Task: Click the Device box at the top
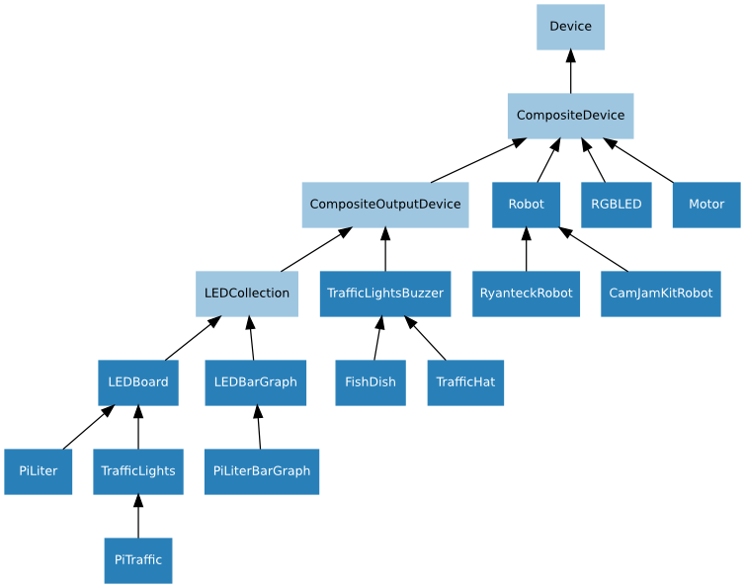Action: click(x=570, y=27)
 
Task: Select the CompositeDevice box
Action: click(x=570, y=116)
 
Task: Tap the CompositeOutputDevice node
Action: click(x=384, y=205)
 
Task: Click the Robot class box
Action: click(x=526, y=205)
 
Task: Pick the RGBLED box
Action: click(x=616, y=205)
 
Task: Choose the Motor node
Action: click(x=705, y=205)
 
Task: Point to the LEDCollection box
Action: click(x=246, y=294)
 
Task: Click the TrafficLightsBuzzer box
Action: click(x=384, y=294)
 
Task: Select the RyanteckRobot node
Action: click(x=526, y=294)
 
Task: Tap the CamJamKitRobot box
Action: click(x=660, y=294)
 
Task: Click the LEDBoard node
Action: click(x=137, y=382)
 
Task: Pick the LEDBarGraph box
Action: click(x=255, y=382)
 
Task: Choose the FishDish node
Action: click(x=370, y=382)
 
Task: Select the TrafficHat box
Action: click(x=464, y=382)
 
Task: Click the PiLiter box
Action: click(x=38, y=471)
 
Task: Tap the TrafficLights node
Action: click(x=137, y=471)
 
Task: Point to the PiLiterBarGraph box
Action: click(x=261, y=471)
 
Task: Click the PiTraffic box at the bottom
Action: click(x=137, y=560)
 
